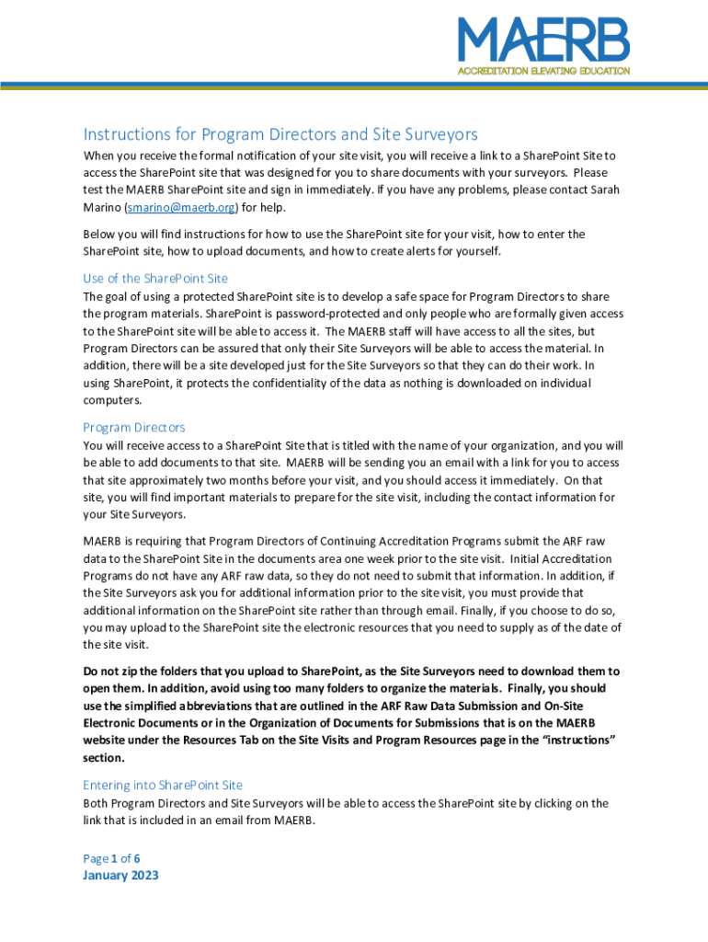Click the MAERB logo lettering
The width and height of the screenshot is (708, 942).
(543, 41)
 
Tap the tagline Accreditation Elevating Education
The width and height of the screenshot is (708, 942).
(543, 71)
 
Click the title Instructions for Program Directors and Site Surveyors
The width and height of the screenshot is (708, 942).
(280, 134)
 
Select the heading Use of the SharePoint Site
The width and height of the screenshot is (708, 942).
(155, 278)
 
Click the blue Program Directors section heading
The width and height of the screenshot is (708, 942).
(134, 427)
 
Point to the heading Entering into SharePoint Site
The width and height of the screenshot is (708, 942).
(163, 785)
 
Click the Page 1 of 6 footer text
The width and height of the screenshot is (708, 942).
(111, 857)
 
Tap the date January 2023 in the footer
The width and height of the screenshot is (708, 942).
(120, 875)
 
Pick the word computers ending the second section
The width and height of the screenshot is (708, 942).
(113, 400)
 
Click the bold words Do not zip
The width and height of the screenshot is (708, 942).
(112, 671)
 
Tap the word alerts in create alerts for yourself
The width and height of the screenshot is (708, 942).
(412, 251)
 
